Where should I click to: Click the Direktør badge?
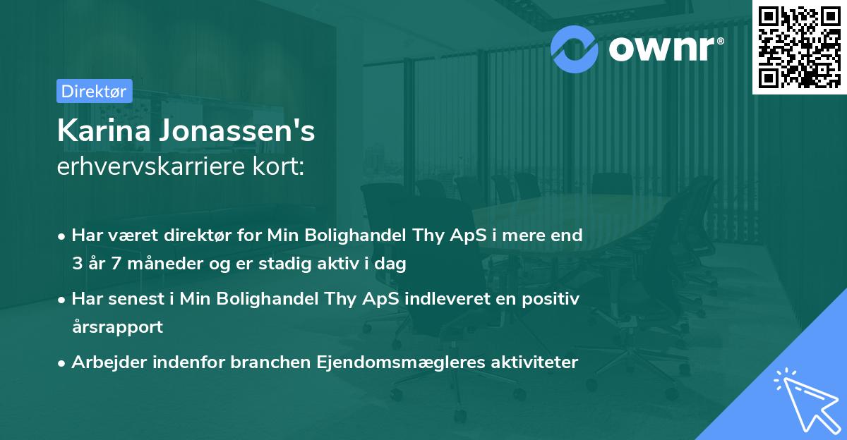click(x=93, y=91)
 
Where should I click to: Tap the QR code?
click(x=799, y=47)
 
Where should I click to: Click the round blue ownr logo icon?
click(x=575, y=48)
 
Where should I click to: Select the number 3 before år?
click(x=76, y=264)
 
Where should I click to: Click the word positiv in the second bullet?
click(x=553, y=299)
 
